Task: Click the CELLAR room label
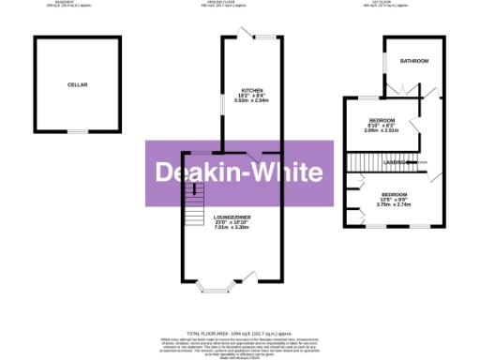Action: point(77,85)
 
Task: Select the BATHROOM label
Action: point(414,61)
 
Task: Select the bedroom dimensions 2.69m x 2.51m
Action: point(382,130)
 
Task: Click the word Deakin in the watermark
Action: point(197,173)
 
